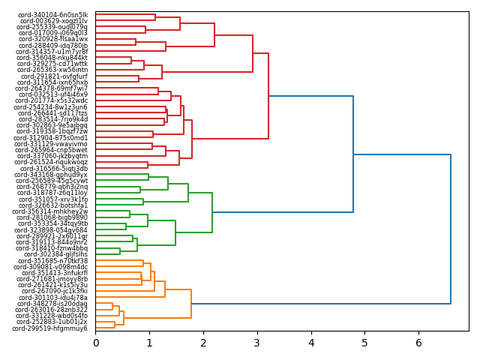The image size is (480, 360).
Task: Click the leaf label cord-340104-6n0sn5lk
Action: point(53,15)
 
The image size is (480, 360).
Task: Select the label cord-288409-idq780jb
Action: point(53,46)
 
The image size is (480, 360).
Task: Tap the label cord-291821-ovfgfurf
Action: point(54,76)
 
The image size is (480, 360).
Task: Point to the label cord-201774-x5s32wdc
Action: point(52,100)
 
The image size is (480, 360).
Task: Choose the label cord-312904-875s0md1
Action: point(51,138)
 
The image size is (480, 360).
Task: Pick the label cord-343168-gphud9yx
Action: point(52,175)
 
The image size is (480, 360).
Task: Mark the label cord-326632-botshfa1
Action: point(53,205)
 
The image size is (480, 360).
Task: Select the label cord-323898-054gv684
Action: point(52,230)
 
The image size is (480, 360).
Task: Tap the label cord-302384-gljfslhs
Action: point(55,254)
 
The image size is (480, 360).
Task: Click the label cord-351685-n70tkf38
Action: point(53,261)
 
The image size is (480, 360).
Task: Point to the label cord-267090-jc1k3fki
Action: point(55,291)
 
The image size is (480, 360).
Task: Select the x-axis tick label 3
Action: point(257,343)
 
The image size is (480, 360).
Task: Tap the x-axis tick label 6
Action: point(418,343)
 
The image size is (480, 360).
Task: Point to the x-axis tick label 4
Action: point(311,343)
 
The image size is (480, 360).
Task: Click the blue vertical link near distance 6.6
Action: point(451,229)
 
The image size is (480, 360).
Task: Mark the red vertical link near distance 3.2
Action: point(268,96)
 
